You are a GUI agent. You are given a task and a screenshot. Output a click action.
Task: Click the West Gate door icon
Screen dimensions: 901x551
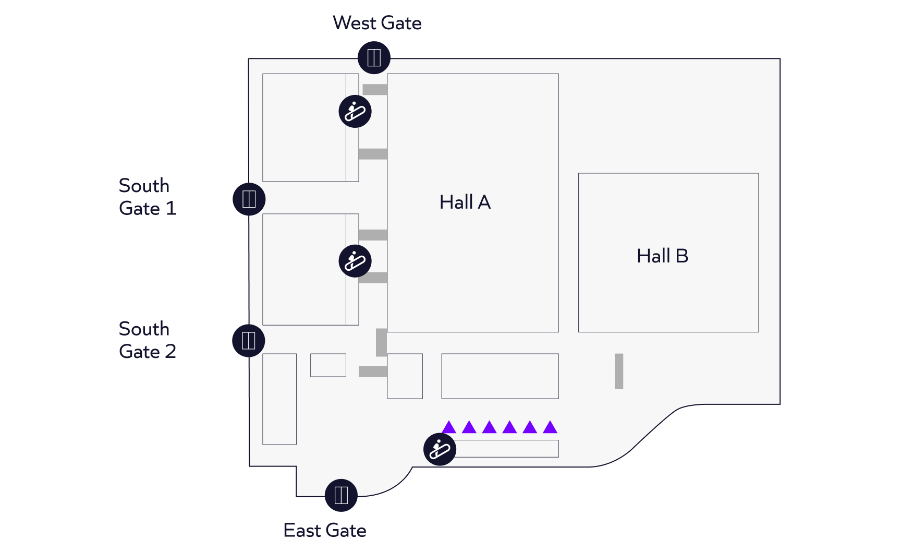(374, 57)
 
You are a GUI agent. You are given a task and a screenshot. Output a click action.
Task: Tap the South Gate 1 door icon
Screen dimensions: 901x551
(249, 199)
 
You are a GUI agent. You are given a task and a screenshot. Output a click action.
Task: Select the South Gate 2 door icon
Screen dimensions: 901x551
(249, 341)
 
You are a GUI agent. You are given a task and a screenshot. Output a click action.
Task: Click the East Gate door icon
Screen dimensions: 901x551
(341, 495)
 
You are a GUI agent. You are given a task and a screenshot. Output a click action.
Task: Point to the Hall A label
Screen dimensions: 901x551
(465, 202)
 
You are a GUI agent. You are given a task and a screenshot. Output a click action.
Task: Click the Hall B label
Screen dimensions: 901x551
(663, 256)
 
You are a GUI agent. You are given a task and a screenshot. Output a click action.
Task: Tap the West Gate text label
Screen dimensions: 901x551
(377, 23)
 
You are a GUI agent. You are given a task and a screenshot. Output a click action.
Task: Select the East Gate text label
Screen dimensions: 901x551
(325, 530)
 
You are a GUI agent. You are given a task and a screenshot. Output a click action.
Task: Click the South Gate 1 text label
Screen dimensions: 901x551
(148, 197)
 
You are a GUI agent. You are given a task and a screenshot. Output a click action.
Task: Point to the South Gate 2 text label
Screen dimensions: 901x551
(148, 340)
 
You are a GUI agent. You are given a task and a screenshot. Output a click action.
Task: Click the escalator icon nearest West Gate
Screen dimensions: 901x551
(355, 111)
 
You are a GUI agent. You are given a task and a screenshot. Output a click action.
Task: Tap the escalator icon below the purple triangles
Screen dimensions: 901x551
(440, 449)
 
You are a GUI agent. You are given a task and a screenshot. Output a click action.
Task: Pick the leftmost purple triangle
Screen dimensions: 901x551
(449, 427)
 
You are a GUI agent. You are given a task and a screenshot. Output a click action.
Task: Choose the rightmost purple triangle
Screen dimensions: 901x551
(550, 427)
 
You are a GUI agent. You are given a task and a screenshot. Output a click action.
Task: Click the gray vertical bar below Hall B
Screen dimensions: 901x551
(619, 372)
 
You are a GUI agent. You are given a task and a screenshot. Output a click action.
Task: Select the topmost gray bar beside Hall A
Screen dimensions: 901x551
(375, 90)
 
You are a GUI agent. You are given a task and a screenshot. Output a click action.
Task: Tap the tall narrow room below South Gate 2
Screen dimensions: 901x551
(279, 399)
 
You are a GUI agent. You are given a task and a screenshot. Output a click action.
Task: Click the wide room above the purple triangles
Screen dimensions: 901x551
(500, 376)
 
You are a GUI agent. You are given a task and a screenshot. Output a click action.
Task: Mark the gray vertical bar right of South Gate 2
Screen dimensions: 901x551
(382, 342)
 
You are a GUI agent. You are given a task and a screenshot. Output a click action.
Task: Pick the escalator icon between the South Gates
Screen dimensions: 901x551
(355, 261)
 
